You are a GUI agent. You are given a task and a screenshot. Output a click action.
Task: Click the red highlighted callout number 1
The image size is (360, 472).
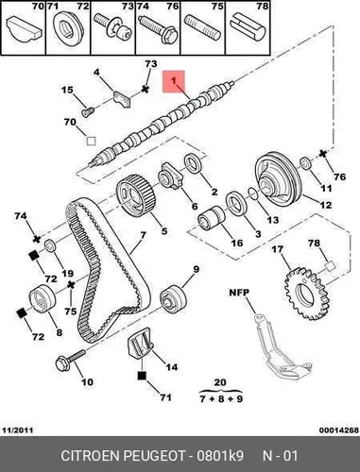(174, 81)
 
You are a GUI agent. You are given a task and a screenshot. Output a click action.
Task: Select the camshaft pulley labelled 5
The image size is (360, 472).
(135, 195)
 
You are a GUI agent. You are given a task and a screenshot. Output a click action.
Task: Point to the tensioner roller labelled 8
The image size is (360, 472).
(43, 298)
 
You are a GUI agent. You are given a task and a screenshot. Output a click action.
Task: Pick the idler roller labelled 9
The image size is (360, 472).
(173, 298)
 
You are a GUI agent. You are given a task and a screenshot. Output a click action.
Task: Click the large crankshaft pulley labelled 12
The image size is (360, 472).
(278, 179)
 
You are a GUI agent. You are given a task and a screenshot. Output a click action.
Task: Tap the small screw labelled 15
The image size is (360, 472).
(88, 111)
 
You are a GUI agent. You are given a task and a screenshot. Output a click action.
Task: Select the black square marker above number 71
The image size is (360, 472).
(142, 376)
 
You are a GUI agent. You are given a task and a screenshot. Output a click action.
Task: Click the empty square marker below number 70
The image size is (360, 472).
(91, 141)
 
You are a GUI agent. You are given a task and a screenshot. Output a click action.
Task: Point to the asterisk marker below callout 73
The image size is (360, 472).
(145, 89)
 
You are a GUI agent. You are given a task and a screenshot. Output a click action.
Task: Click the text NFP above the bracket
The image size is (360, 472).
(239, 293)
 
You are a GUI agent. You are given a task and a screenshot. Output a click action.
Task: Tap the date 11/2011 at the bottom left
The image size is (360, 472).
(18, 430)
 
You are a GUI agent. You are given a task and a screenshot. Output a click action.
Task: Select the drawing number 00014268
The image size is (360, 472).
(339, 430)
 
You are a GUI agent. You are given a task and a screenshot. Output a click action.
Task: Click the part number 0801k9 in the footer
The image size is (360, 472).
(220, 456)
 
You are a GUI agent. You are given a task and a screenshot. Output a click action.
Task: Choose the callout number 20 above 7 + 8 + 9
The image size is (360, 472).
(220, 382)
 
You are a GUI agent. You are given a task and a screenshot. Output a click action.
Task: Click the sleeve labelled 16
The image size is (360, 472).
(211, 218)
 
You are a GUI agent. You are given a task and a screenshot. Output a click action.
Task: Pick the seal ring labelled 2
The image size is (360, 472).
(192, 162)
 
